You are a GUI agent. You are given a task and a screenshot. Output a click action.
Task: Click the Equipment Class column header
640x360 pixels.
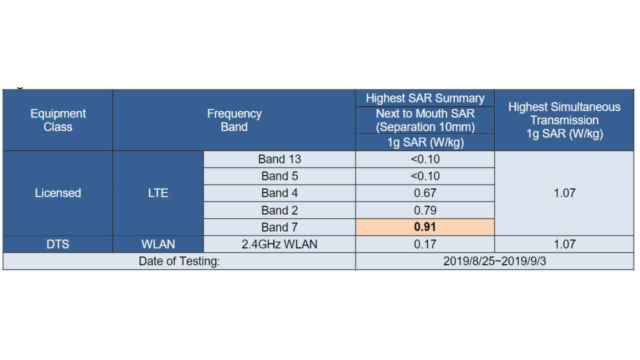(x=58, y=120)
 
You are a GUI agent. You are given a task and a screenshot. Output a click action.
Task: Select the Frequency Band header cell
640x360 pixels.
(x=234, y=120)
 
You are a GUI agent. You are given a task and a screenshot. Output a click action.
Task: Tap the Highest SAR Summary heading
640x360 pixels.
(x=425, y=98)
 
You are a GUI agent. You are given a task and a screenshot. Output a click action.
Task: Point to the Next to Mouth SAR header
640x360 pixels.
(x=425, y=120)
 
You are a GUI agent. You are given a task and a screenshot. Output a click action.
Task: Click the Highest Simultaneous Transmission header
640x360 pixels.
(x=564, y=120)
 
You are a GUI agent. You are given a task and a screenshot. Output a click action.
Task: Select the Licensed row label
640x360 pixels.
(x=58, y=193)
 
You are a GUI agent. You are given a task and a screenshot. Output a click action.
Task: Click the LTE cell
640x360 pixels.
(x=158, y=193)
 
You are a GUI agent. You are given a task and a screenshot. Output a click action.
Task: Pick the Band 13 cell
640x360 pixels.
(x=279, y=159)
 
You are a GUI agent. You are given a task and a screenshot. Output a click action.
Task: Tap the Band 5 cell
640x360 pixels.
(x=279, y=176)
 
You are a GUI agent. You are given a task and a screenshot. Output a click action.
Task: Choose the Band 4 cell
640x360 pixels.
(x=279, y=193)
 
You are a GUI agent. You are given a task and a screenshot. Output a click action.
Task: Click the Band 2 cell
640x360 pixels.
(x=279, y=210)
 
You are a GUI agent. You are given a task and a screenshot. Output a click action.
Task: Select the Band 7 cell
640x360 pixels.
(x=279, y=227)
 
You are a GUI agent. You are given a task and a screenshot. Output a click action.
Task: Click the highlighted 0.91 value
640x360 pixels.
(x=425, y=227)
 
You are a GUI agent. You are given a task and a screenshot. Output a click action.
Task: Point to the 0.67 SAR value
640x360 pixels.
(x=425, y=193)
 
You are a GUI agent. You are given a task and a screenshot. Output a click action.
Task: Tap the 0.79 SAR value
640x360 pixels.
(x=425, y=210)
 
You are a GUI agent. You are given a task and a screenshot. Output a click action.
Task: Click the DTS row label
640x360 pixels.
(x=58, y=244)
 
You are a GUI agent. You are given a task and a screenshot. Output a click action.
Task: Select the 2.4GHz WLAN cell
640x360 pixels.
(x=279, y=244)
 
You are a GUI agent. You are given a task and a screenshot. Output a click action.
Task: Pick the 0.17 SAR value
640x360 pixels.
(x=425, y=244)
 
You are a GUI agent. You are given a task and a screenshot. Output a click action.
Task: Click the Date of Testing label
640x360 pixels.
(x=179, y=261)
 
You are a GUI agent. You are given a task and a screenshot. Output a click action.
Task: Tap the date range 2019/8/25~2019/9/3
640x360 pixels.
(x=494, y=261)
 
